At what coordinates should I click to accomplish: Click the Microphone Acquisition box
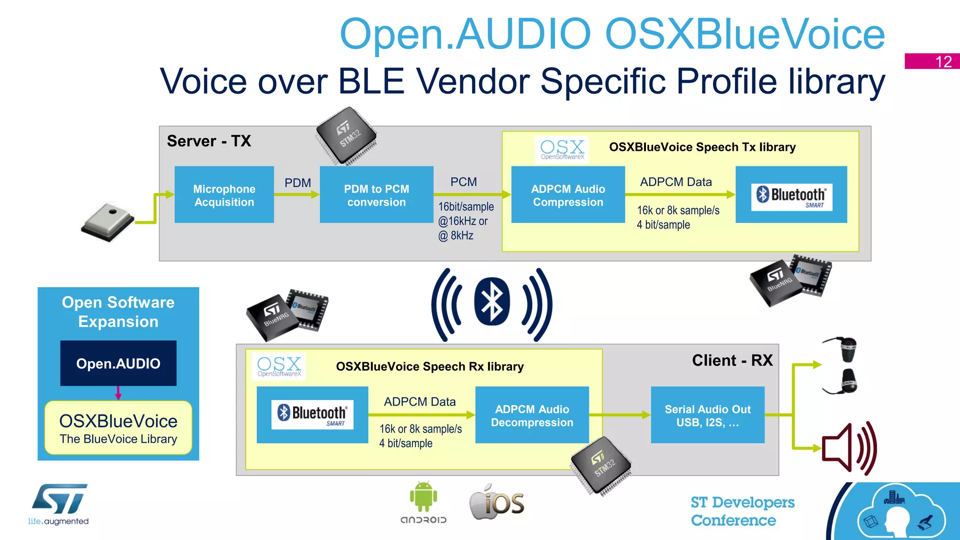pos(224,194)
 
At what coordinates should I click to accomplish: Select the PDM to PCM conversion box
pos(376,194)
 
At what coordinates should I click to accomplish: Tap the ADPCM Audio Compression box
pos(568,194)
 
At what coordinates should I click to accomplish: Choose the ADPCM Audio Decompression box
pos(532,415)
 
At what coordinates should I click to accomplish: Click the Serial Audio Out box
pos(707,415)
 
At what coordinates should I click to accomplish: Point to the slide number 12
pos(943,62)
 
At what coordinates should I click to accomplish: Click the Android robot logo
pos(423,497)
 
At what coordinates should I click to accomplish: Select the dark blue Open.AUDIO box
pos(118,363)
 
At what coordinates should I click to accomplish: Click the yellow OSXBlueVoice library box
pos(118,428)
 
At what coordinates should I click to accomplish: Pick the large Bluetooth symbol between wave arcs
pos(492,302)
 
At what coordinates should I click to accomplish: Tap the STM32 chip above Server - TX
pos(346,136)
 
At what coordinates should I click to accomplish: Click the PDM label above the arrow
pos(298,183)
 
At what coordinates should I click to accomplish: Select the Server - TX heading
pos(209,141)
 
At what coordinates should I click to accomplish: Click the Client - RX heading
pos(732,360)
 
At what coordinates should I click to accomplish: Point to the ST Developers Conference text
pos(742,511)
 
